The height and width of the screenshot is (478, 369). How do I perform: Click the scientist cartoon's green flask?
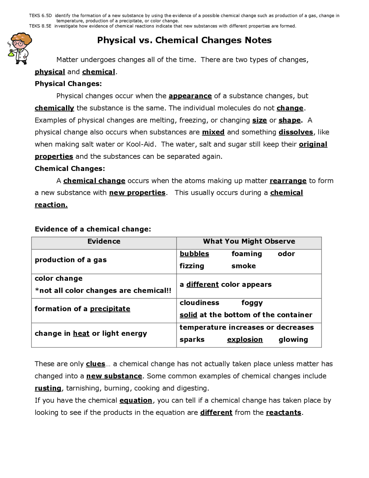click(11, 53)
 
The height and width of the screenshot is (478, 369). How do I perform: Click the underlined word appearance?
click(190, 96)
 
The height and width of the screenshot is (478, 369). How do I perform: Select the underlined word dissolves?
click(295, 132)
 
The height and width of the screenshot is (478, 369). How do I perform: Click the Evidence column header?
click(104, 242)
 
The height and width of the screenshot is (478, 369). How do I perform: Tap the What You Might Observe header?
click(249, 242)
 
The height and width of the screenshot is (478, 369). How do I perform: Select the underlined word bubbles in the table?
click(194, 254)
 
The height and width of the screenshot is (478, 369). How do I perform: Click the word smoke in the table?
click(243, 266)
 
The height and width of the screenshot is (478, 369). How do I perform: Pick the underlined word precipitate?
click(110, 309)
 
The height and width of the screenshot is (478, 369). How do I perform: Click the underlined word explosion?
click(245, 340)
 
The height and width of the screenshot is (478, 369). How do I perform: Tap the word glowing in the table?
click(293, 340)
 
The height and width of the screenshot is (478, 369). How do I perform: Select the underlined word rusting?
click(48, 389)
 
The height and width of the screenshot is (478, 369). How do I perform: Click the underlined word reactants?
click(283, 413)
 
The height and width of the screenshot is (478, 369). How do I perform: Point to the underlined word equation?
click(136, 401)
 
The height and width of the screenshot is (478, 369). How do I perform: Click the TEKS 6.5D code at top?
click(40, 16)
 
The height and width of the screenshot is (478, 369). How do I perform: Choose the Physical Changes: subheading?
click(68, 84)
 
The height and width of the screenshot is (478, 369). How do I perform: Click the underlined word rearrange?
click(288, 181)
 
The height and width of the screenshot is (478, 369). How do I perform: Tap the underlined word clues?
click(95, 364)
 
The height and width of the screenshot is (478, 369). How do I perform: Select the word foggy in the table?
click(252, 303)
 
